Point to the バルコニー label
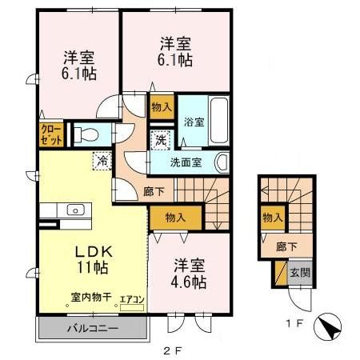tap(91, 328)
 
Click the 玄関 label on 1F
tap(299, 274)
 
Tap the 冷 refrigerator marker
tap(103, 161)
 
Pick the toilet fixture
tap(87, 134)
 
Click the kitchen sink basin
tap(75, 210)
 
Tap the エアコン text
tap(132, 300)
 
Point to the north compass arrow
tap(327, 326)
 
